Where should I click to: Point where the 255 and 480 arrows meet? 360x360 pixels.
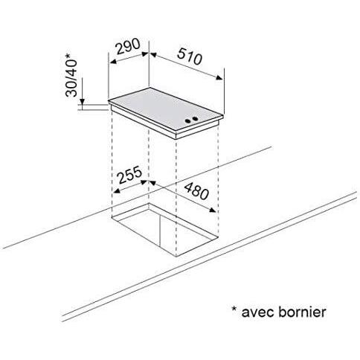point(149,180)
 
